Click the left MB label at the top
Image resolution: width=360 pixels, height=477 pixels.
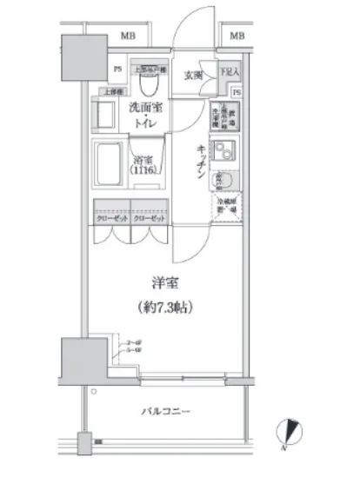click(129, 36)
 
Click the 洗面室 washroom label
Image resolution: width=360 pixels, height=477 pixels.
click(146, 109)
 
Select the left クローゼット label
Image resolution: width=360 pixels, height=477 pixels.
click(110, 219)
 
